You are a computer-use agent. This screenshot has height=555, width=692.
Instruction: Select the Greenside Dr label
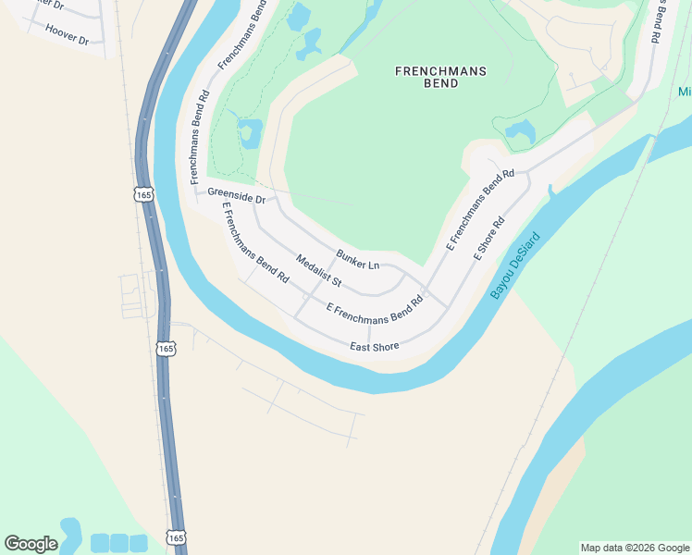pos(236,195)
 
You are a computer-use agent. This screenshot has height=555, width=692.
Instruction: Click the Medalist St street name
pos(319,270)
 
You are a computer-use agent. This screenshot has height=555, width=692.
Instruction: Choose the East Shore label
pos(374,347)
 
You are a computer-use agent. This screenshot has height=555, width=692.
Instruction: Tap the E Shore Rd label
pos(489,239)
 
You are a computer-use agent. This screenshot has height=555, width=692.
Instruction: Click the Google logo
pos(31,544)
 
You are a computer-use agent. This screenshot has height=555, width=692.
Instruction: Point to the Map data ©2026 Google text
pos(635,548)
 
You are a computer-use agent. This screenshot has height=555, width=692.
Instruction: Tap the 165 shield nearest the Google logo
pos(177,537)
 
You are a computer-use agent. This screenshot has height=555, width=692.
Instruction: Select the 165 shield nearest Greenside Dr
pos(142,194)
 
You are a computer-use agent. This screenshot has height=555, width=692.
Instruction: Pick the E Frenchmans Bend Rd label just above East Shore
pos(374,310)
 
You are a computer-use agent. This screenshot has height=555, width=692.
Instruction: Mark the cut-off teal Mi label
pos(685,92)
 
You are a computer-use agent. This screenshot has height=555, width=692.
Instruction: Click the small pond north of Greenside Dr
pos(249,132)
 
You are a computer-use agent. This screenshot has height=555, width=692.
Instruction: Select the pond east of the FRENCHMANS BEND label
pos(519,131)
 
